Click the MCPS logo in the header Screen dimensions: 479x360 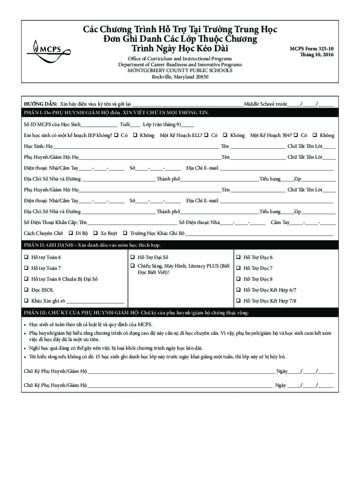pos(45,48)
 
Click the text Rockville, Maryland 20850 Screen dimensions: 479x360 pos(180,77)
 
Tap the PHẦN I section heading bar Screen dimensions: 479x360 pos(180,113)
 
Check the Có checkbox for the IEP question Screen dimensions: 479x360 pos(116,135)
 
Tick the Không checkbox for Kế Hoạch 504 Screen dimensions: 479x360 pos(315,135)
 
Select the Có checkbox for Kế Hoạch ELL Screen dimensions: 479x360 pos(206,135)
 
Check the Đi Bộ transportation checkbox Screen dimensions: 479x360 pos(71,233)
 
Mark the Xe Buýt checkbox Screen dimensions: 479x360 pos(95,233)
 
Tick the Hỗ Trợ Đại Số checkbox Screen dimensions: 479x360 pos(133,257)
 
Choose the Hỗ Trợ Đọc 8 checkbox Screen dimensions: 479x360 pos(238,279)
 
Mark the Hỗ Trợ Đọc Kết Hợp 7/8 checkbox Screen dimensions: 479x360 pos(238,301)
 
